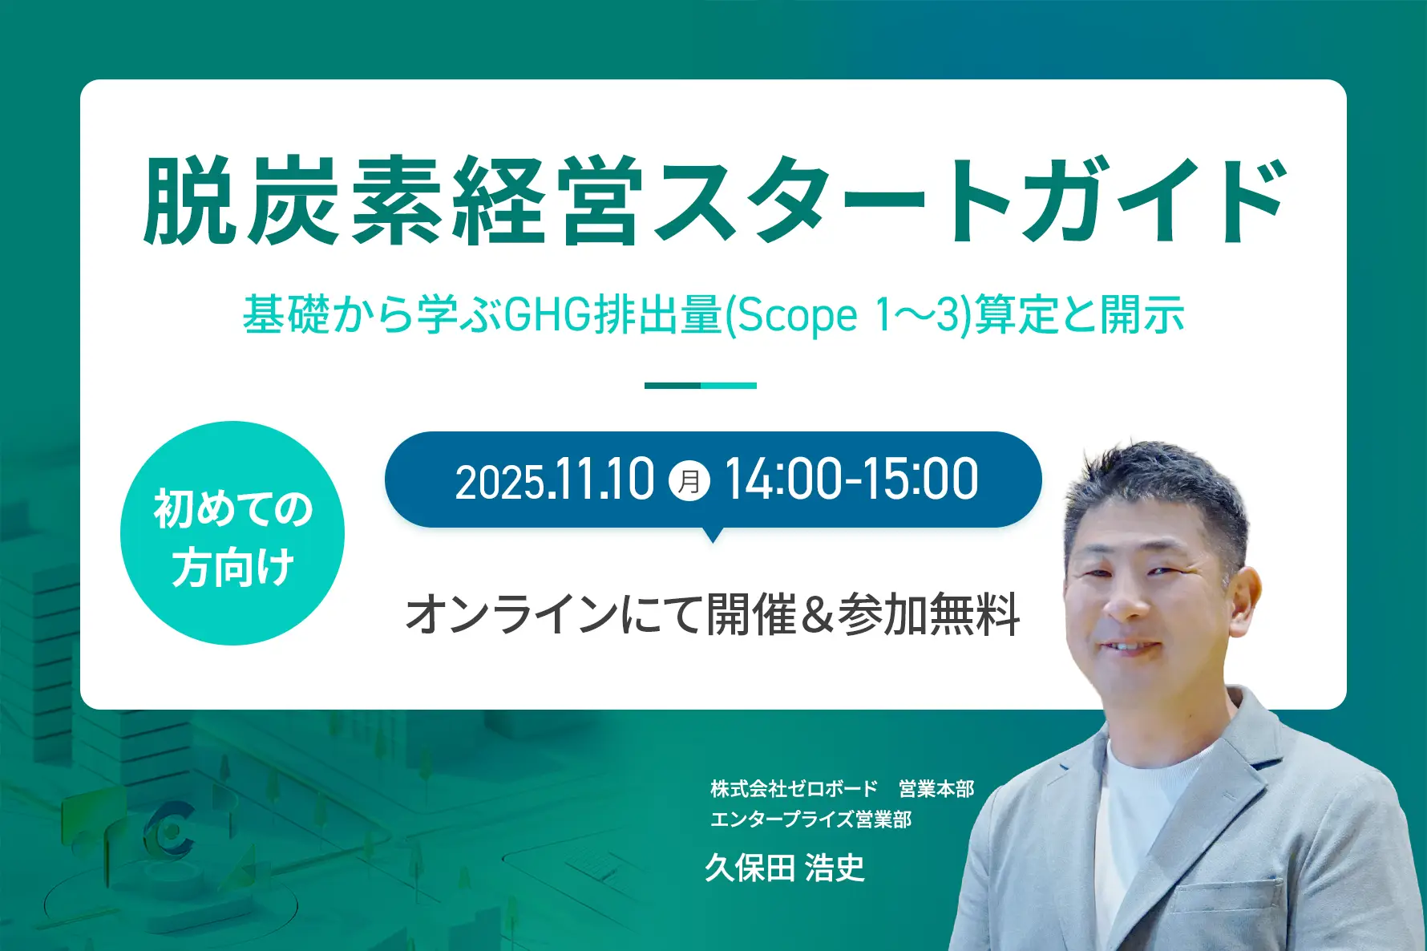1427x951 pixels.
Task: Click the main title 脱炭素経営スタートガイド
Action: coord(716,200)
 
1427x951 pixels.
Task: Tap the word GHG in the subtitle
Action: coord(548,314)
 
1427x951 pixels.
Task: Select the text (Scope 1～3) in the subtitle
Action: coord(848,314)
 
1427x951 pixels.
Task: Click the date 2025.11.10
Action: coord(555,480)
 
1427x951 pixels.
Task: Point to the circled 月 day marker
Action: coord(689,481)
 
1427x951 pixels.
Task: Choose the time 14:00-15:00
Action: coord(851,480)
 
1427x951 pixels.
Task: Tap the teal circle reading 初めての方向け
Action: coord(232,533)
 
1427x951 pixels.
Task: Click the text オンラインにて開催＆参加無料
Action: coord(713,615)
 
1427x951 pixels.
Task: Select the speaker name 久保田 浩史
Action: coord(785,868)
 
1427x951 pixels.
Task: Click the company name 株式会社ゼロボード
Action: coord(794,789)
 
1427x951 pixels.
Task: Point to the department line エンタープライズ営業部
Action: coord(811,819)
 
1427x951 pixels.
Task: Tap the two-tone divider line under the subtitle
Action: coord(701,386)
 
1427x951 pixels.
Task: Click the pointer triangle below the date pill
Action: coord(712,534)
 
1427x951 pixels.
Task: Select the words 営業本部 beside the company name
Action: coord(936,789)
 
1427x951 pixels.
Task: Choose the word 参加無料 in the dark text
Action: coord(928,615)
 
